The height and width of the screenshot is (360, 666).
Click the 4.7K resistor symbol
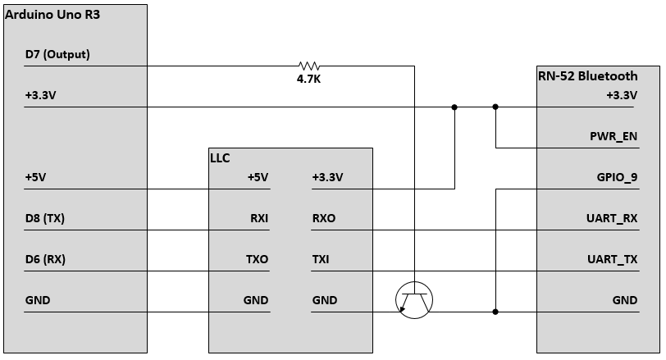(x=309, y=66)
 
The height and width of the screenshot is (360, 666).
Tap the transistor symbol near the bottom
(x=413, y=301)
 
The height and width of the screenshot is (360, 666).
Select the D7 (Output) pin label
(x=57, y=55)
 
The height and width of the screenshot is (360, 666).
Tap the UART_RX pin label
(x=613, y=219)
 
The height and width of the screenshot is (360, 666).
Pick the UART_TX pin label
(x=613, y=260)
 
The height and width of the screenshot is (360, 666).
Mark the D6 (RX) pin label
(x=45, y=260)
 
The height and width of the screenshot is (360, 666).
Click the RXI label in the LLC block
(x=258, y=219)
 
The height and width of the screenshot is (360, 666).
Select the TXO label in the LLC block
(x=256, y=260)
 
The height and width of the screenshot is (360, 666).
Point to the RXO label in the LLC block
(x=324, y=219)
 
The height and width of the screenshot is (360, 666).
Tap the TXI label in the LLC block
(x=322, y=260)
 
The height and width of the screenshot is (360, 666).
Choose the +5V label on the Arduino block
(x=36, y=177)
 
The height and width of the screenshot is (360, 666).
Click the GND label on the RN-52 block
(x=625, y=301)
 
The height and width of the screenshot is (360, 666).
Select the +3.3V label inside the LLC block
(x=327, y=177)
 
